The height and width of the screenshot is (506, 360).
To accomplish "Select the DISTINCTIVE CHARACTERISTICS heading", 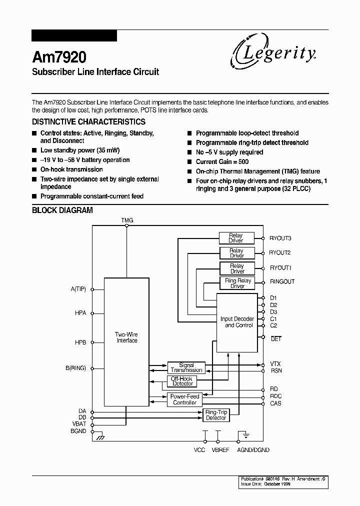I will click(x=88, y=121).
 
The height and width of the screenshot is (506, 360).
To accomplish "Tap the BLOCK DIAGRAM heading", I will click(x=62, y=210).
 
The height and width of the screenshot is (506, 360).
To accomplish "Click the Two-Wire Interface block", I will click(x=126, y=337).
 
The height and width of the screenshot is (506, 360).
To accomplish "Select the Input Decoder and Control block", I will click(x=237, y=322).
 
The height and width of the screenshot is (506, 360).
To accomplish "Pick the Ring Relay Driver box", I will click(x=237, y=283).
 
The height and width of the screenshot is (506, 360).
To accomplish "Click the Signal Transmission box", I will click(x=186, y=367).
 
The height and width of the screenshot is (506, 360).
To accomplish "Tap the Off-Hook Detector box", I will click(x=182, y=381).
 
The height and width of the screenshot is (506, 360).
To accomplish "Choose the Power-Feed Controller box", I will click(x=184, y=399).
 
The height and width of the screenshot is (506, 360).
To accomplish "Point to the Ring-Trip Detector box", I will click(x=216, y=415).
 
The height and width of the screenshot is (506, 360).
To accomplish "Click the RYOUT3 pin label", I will click(x=280, y=238).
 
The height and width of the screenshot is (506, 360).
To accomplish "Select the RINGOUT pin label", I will click(x=282, y=282).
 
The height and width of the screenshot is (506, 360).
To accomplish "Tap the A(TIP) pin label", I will click(x=78, y=289).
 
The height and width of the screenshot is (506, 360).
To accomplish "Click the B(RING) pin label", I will click(x=75, y=368).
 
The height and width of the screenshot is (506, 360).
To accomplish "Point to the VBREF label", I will click(x=220, y=450).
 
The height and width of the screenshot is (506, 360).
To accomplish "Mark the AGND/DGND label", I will click(x=253, y=450).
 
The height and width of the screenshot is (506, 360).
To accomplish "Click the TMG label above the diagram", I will click(x=127, y=220).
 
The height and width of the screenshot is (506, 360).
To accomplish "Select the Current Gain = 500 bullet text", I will click(x=222, y=161).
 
